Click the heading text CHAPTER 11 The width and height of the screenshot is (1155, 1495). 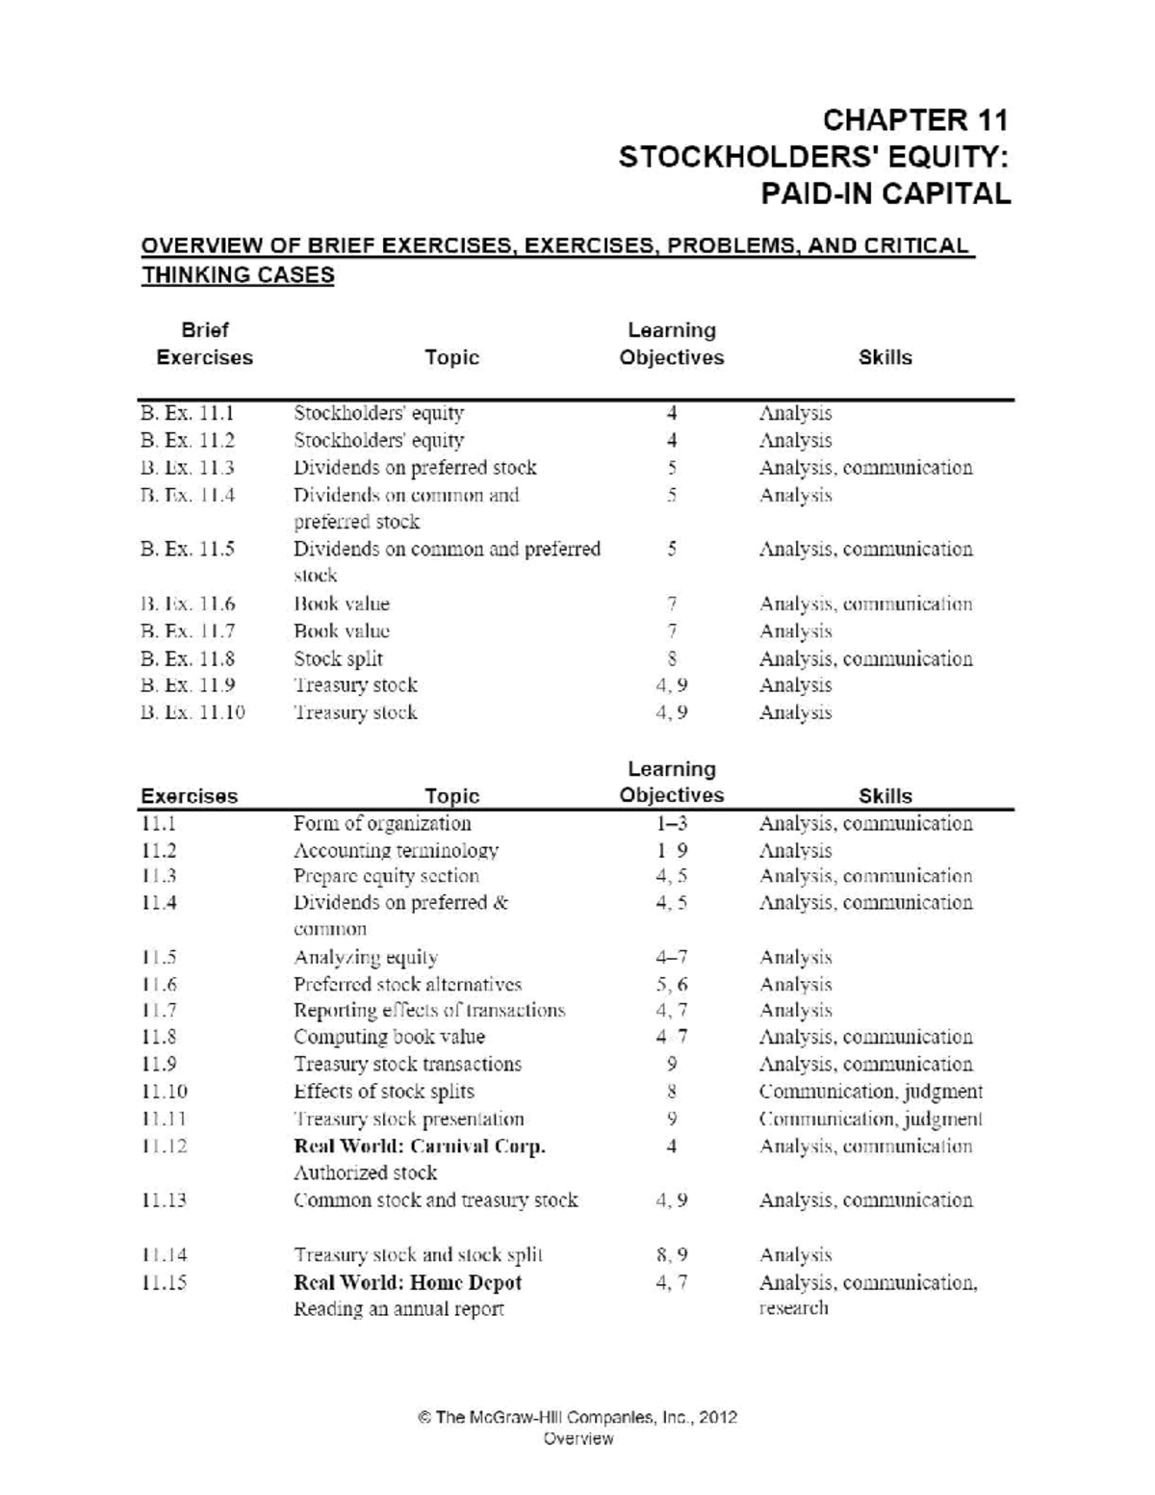click(x=914, y=120)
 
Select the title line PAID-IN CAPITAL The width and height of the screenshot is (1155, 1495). click(x=885, y=193)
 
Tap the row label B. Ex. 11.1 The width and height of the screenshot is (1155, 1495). click(x=187, y=413)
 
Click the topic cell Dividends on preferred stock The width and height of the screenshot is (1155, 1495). click(x=415, y=468)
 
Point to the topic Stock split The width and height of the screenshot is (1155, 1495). click(x=338, y=659)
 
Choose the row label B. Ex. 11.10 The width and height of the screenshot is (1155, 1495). click(x=192, y=713)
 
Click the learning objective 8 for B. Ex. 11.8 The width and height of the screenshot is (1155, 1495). click(x=672, y=659)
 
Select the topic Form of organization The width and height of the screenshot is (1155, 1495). click(x=382, y=824)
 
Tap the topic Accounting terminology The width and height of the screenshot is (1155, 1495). click(x=396, y=851)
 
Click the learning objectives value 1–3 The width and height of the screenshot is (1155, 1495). click(x=672, y=824)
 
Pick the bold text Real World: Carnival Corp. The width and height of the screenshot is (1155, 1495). click(x=420, y=1147)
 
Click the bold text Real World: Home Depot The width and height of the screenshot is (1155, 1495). click(x=407, y=1283)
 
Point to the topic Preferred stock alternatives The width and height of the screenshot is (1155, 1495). click(x=407, y=985)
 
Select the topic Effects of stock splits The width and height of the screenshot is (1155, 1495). click(x=383, y=1092)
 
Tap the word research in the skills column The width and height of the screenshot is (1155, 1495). click(x=793, y=1308)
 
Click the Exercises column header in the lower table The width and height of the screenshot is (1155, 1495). click(x=189, y=796)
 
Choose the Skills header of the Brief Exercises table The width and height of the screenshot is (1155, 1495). click(x=885, y=358)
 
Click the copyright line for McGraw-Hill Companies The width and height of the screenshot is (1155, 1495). click(x=577, y=1417)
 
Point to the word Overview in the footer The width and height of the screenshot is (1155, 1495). click(x=577, y=1439)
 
